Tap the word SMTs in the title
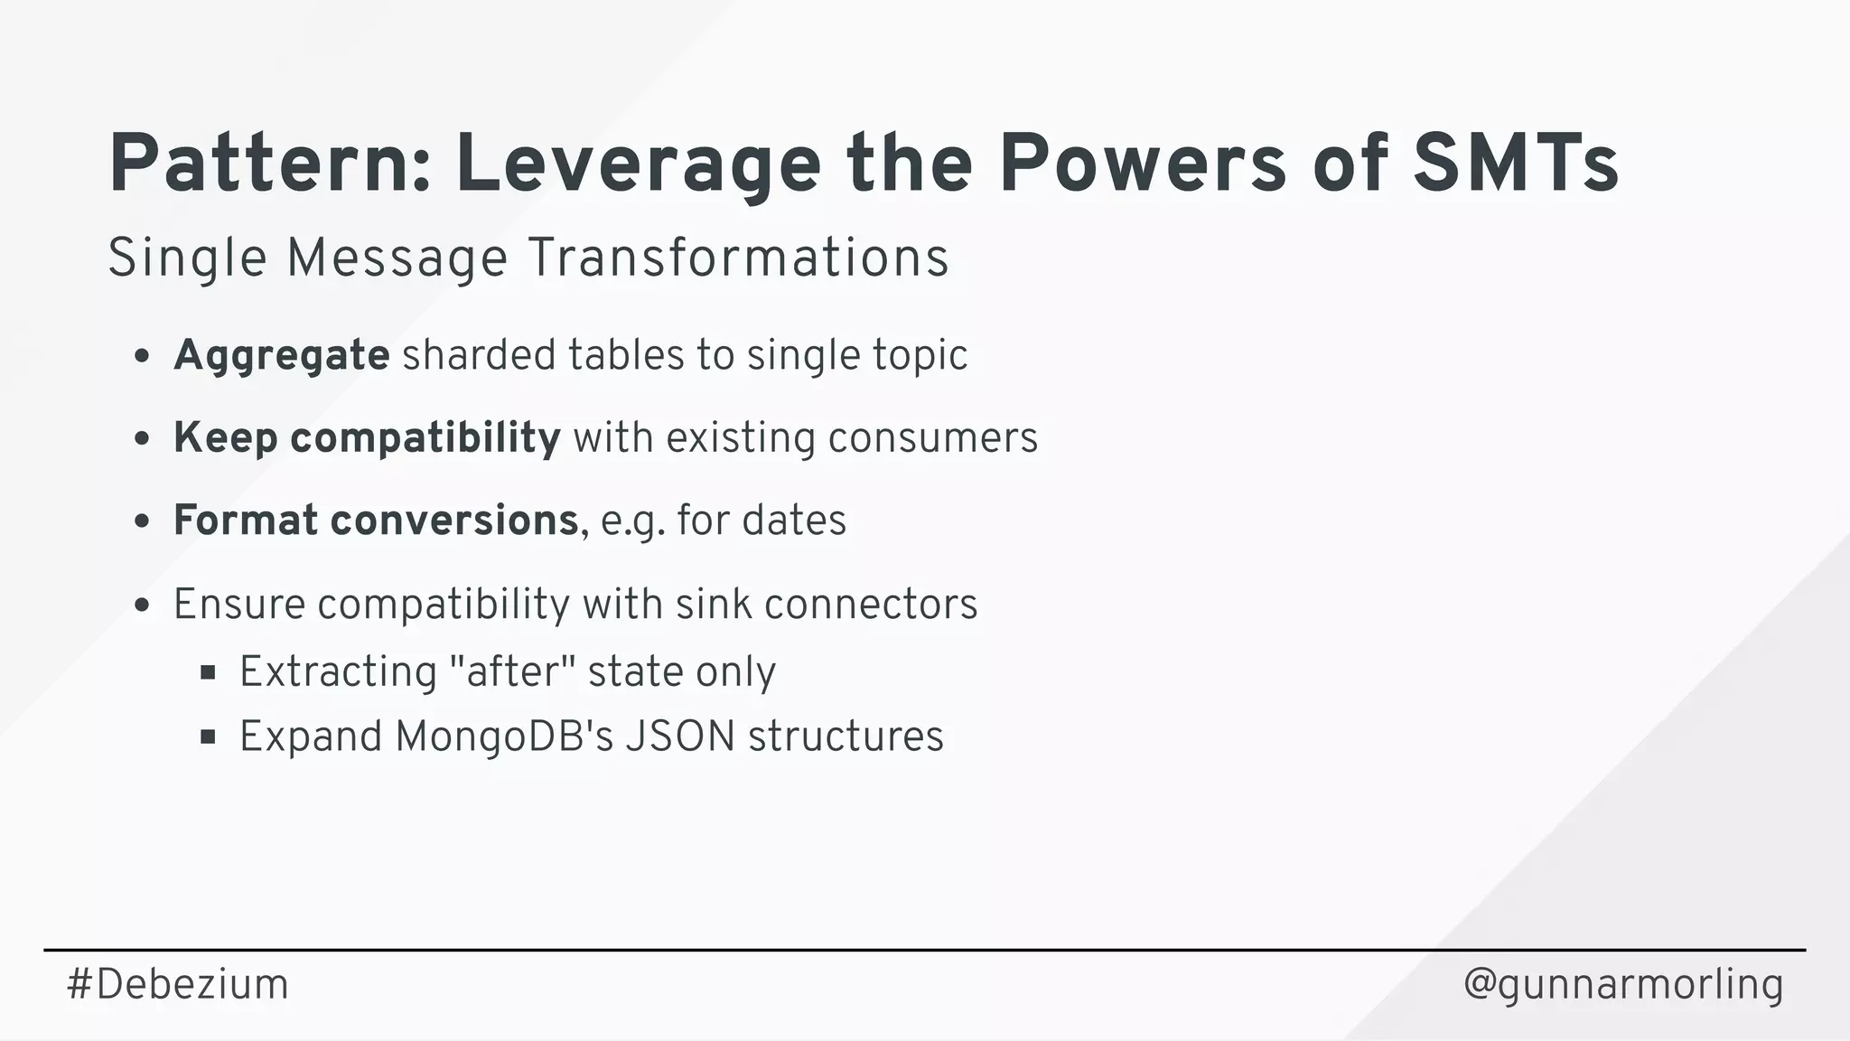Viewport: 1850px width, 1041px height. [1516, 164]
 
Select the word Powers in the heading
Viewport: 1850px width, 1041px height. [1142, 164]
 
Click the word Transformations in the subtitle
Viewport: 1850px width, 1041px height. [737, 258]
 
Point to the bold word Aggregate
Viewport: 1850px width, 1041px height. [282, 355]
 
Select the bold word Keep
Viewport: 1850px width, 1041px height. [225, 438]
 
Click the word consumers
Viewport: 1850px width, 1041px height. [933, 438]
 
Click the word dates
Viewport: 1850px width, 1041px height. [794, 520]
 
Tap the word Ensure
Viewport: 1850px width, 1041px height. [239, 604]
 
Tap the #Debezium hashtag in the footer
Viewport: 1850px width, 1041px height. [178, 984]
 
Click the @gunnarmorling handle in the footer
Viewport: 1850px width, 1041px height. [1623, 984]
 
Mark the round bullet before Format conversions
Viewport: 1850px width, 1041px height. [141, 521]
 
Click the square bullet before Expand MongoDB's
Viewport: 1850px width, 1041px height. [208, 737]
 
